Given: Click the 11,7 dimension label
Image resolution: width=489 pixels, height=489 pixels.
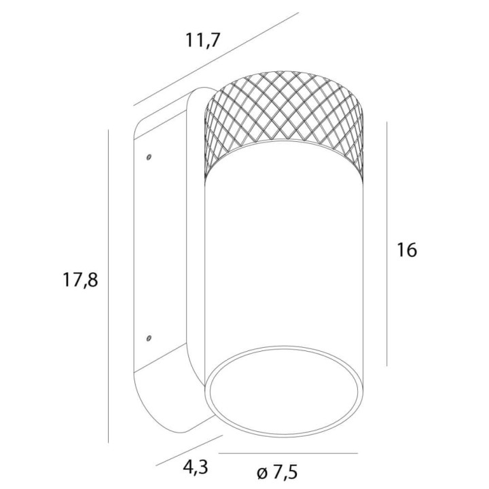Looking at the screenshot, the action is point(203,40).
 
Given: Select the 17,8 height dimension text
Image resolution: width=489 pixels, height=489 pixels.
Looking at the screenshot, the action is point(80,279).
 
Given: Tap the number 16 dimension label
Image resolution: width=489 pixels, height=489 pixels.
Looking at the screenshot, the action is point(407,250).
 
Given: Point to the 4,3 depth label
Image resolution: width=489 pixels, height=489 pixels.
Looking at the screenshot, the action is point(196,467).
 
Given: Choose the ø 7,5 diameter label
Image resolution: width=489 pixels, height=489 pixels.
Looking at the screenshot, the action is point(277,472).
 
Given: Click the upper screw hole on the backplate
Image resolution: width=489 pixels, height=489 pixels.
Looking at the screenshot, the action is point(149,157).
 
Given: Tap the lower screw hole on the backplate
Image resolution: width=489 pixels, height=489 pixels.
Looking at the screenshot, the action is point(149,338).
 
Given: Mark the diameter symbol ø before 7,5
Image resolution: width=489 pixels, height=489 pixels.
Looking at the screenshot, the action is point(263,473).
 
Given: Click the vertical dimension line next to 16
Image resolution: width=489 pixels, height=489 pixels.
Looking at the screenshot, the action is point(386,244).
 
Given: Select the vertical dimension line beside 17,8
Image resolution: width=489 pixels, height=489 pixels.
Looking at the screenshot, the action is point(108,286).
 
